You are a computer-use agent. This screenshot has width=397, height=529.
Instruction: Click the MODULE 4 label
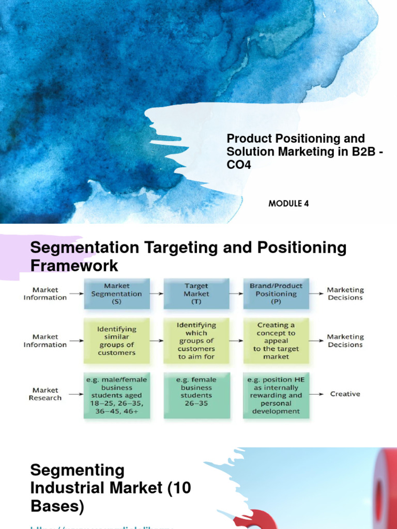(x=288, y=204)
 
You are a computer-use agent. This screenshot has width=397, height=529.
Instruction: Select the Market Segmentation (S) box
(x=116, y=293)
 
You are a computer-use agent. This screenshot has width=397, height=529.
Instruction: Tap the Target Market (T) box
(x=196, y=293)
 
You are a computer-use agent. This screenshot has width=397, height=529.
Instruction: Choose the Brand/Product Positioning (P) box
(x=276, y=293)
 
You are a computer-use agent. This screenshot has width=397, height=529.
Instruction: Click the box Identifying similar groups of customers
(x=116, y=340)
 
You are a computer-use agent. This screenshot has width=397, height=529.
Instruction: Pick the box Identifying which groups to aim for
(x=196, y=340)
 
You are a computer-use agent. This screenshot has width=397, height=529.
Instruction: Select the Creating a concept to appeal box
(x=276, y=340)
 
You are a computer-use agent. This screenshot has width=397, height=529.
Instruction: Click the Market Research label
(x=45, y=394)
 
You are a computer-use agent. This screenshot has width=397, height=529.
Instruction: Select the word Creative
(x=345, y=394)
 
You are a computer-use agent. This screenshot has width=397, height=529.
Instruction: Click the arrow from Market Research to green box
(x=75, y=394)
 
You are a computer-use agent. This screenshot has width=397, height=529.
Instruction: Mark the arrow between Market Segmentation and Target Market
(x=157, y=293)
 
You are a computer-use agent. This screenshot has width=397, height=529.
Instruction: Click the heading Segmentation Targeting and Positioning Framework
(x=188, y=256)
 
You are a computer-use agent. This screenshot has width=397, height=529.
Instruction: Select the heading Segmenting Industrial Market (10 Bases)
(x=110, y=488)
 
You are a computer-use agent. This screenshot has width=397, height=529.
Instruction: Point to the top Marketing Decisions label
(x=345, y=293)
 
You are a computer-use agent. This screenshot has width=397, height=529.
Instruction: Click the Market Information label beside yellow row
(x=45, y=340)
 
